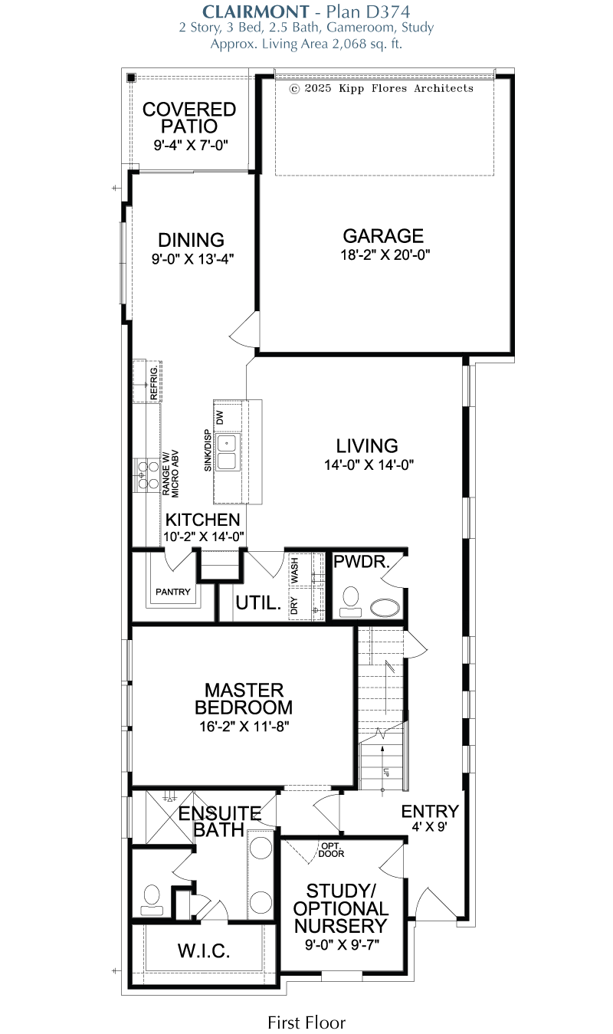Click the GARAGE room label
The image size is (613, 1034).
click(383, 236)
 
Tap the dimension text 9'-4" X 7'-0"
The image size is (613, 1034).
click(191, 146)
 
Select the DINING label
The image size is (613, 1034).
click(191, 240)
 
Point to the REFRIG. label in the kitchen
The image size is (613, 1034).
click(154, 382)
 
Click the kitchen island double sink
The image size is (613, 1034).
click(227, 453)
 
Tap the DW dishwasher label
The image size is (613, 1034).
click(220, 417)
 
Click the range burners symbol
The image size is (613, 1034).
click(147, 474)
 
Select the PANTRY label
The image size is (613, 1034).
click(173, 592)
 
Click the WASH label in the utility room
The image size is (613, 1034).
click(294, 570)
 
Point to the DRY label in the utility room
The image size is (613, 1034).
click(294, 606)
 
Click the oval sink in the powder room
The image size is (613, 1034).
click(386, 608)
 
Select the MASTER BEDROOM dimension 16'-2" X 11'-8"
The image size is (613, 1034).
click(244, 727)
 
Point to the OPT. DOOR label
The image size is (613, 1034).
click(331, 850)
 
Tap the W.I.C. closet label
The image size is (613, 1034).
click(204, 951)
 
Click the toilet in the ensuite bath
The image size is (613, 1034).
click(152, 900)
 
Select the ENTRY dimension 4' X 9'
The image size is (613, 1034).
click(429, 827)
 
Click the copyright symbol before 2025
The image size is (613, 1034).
click(294, 89)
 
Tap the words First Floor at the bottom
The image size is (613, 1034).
click(306, 1023)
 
